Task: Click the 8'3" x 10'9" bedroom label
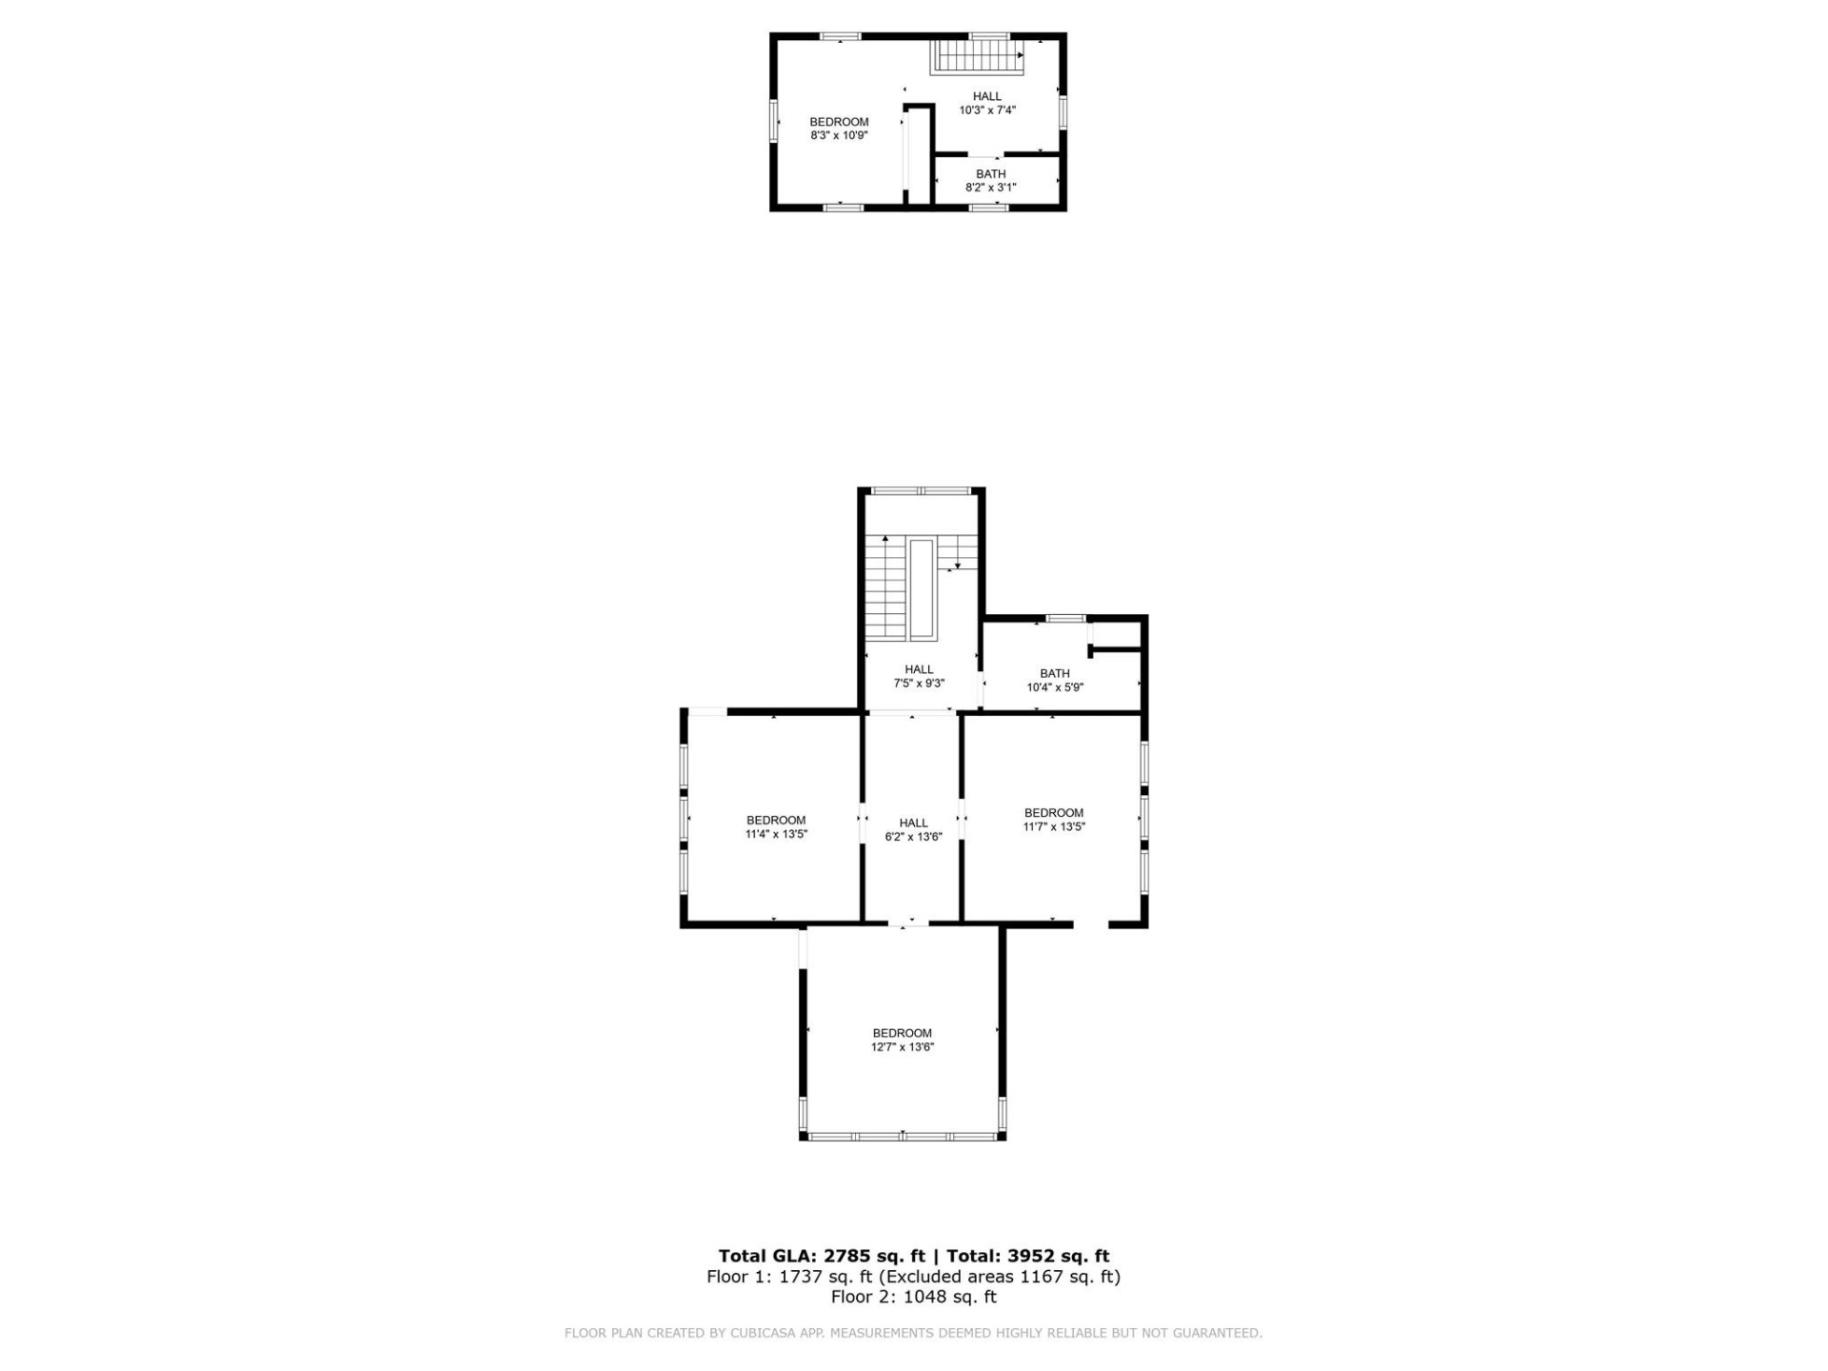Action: point(839,129)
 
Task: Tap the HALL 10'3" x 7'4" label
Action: point(987,103)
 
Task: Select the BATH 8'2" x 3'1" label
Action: point(990,181)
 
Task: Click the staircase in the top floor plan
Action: point(977,56)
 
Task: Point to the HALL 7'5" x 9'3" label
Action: point(919,676)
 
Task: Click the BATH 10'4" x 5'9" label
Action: point(1054,680)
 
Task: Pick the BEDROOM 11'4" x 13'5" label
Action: point(776,826)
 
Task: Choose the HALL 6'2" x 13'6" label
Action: point(913,829)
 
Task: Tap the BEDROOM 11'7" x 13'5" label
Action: point(1053,820)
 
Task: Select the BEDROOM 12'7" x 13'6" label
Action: point(902,1040)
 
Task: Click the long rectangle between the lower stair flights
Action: point(922,590)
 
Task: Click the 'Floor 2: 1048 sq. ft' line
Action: point(913,1297)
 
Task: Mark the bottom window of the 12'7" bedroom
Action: point(902,1136)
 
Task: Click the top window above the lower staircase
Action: point(921,491)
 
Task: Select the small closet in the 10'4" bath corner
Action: point(1118,633)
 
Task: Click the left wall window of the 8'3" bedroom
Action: point(774,122)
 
